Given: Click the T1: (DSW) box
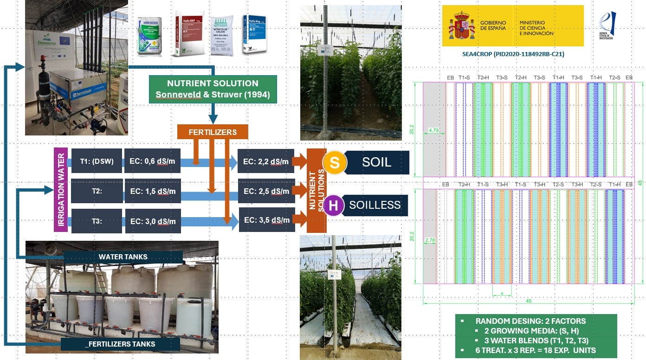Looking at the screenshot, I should (x=97, y=162).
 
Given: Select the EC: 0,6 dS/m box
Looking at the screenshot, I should (x=153, y=162).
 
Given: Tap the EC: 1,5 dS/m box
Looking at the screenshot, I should (x=153, y=191).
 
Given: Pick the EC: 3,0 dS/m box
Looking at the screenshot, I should (x=153, y=221).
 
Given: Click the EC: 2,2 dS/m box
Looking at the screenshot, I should (x=266, y=162).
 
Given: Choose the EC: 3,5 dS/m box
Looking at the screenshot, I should (x=267, y=220).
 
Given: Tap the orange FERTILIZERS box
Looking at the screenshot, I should (x=213, y=132).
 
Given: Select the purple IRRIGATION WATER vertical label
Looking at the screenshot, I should (x=61, y=190).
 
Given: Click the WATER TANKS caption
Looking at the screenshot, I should (x=123, y=257).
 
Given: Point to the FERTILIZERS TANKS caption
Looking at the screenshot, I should (x=121, y=344).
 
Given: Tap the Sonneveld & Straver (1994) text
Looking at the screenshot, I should (x=213, y=95).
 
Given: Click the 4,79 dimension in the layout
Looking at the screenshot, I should (x=434, y=130).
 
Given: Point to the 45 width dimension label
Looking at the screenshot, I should (x=528, y=301).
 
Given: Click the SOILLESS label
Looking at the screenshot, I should (x=375, y=205).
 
